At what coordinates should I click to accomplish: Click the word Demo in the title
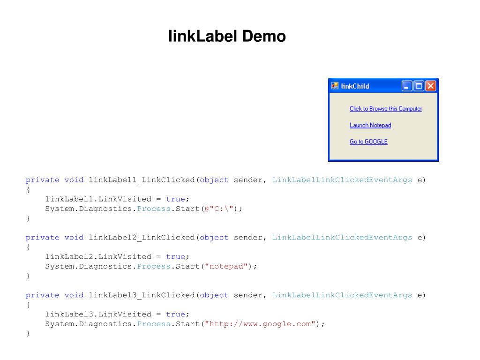tap(264, 36)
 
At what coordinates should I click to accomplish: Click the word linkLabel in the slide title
tap(203, 36)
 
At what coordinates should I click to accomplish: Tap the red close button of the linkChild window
tap(431, 86)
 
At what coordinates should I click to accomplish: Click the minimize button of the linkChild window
tap(407, 86)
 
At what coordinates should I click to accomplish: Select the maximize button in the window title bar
tap(419, 86)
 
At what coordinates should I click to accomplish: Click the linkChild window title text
tap(355, 86)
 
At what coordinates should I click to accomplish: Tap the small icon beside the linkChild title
tap(335, 86)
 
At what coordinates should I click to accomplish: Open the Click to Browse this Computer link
tap(386, 109)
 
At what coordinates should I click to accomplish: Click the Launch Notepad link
tap(370, 125)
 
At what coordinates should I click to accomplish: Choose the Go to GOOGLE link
tap(368, 142)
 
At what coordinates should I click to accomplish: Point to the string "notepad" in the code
tap(226, 266)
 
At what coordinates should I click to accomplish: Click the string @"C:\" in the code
tap(219, 209)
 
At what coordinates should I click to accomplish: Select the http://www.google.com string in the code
tap(260, 324)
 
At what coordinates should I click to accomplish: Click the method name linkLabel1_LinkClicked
tap(142, 180)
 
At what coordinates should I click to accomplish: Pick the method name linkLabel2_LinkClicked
tap(142, 238)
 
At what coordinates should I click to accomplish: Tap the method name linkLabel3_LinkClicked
tap(142, 295)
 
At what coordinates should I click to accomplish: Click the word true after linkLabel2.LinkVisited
tap(175, 256)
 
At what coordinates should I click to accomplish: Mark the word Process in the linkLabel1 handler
tap(154, 209)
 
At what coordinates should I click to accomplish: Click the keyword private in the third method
tap(43, 295)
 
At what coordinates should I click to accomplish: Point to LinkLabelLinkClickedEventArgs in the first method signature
tap(342, 180)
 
